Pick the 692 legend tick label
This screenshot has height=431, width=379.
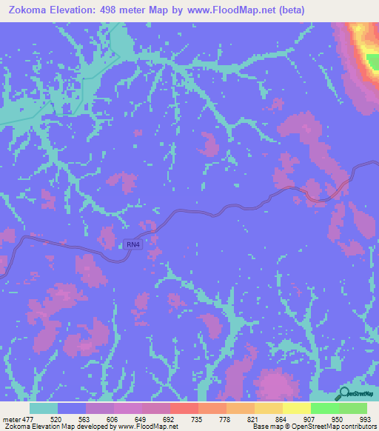point(170,419)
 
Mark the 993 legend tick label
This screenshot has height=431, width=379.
point(364,419)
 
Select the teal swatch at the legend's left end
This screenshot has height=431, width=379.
point(44,408)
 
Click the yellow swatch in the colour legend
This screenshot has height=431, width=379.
point(296,408)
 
